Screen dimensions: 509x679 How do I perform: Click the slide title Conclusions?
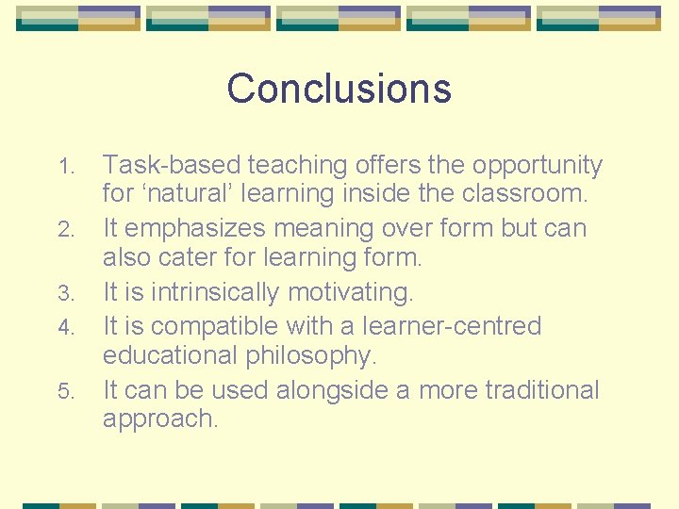pyautogui.click(x=339, y=89)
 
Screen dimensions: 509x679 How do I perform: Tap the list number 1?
pyautogui.click(x=65, y=167)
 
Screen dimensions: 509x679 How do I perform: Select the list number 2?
pyautogui.click(x=65, y=230)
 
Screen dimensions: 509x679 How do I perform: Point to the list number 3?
pyautogui.click(x=65, y=295)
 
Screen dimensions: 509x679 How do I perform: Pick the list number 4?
pyautogui.click(x=65, y=328)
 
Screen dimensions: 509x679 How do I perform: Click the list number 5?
pyautogui.click(x=65, y=391)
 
